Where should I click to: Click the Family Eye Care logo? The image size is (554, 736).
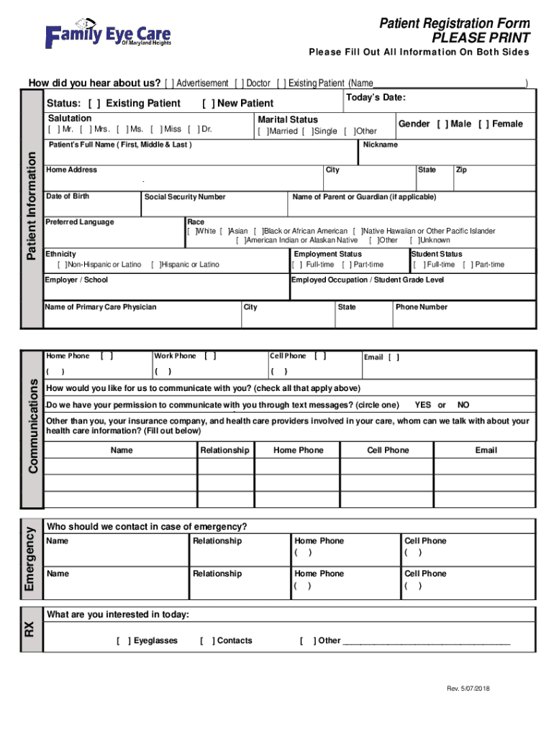(x=109, y=34)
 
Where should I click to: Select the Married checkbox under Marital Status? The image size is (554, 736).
(x=263, y=132)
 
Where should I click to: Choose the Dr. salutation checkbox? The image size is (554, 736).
(x=193, y=129)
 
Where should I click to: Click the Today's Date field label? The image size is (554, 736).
(x=376, y=98)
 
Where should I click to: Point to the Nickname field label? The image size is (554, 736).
(x=380, y=144)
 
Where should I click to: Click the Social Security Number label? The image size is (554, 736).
(x=185, y=197)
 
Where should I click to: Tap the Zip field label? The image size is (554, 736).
(x=461, y=170)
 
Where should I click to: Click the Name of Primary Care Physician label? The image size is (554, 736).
(x=100, y=307)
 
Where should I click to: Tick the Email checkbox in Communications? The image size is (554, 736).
(x=394, y=357)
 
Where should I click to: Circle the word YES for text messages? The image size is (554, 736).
(x=424, y=405)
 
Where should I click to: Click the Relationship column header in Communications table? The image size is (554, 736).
(x=224, y=451)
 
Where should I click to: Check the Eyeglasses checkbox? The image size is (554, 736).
(x=123, y=640)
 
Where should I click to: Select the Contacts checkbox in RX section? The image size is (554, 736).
(x=206, y=640)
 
